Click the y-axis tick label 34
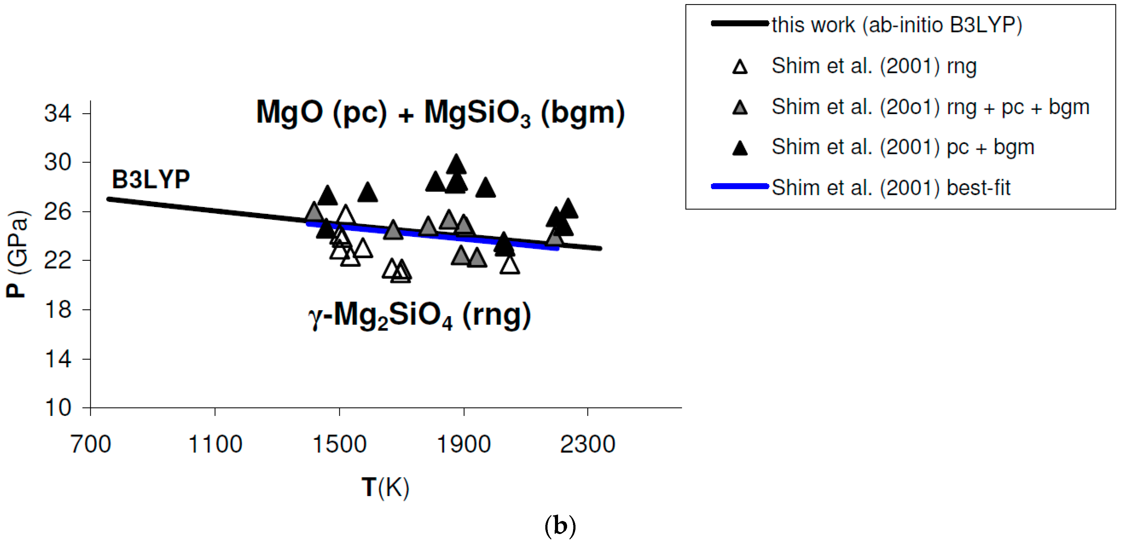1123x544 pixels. (58, 114)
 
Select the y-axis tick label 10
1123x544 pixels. (58, 408)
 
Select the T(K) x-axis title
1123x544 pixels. (385, 487)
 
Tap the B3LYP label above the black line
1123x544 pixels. (151, 179)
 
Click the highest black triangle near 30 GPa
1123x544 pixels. (456, 165)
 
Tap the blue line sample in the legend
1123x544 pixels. (740, 187)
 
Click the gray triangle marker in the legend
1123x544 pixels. (740, 108)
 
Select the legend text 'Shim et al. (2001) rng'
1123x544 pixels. (874, 66)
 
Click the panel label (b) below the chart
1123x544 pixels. (560, 526)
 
